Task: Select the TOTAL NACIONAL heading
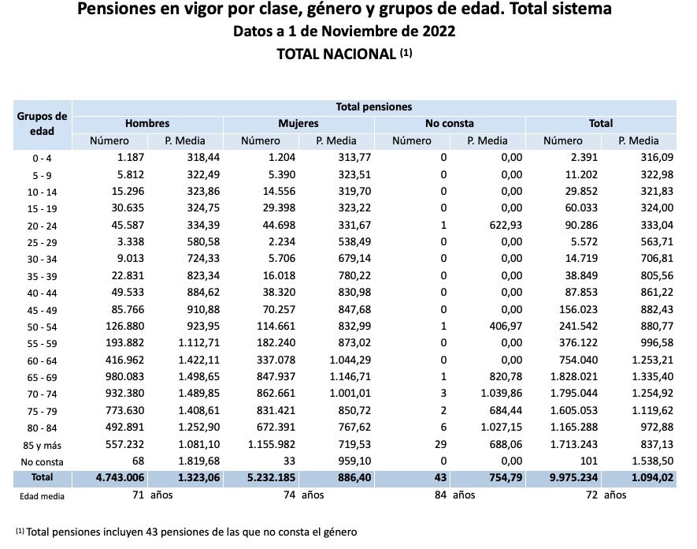337,54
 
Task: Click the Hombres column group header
147,124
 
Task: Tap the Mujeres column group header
298,124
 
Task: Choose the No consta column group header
450,124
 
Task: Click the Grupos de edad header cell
43,124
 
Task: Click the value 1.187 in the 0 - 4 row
128,158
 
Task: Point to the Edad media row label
43,496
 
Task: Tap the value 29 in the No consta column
441,446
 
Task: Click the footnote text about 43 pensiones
190,532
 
